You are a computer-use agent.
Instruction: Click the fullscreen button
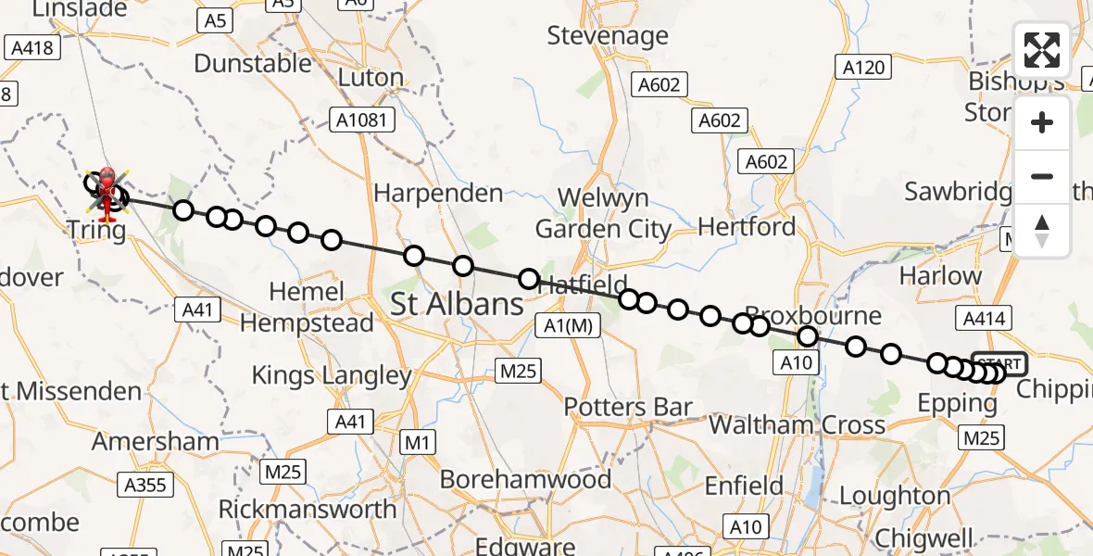[x=1042, y=50]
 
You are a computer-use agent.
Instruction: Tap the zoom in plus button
[x=1042, y=123]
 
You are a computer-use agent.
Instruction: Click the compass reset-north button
[x=1042, y=231]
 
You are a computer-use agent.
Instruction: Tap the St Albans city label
[x=457, y=304]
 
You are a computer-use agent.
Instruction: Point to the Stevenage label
[x=608, y=36]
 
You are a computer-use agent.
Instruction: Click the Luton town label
[x=371, y=78]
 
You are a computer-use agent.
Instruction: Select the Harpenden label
[x=438, y=194]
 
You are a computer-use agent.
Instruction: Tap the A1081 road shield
[x=364, y=119]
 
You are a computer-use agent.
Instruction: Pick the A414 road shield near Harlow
[x=984, y=319]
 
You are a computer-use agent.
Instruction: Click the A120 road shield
[x=863, y=67]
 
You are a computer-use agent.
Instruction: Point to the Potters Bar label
[x=628, y=407]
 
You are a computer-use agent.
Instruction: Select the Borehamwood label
[x=525, y=479]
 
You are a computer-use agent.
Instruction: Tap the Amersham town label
[x=156, y=442]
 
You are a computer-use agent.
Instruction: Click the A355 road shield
[x=145, y=484]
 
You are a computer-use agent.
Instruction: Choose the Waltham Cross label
[x=797, y=425]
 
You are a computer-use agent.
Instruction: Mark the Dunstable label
[x=253, y=63]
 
